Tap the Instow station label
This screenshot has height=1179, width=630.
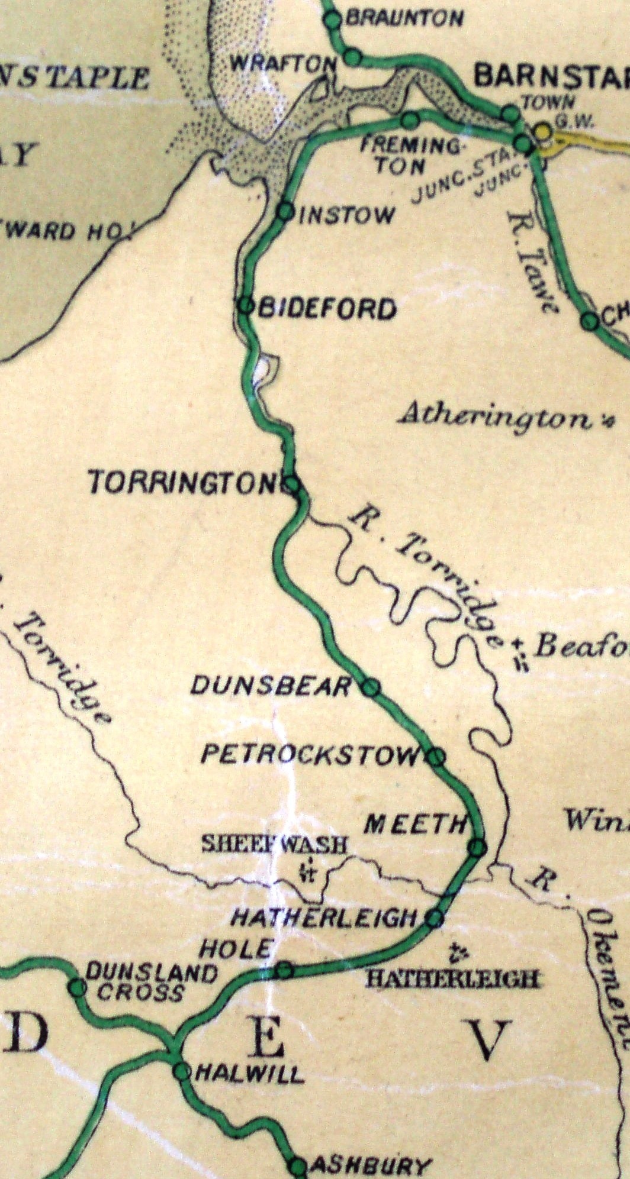click(346, 215)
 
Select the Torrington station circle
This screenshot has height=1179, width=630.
click(291, 484)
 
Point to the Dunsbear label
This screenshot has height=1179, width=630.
click(271, 686)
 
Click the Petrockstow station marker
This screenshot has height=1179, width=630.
click(436, 756)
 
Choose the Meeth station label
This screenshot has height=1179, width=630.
click(414, 824)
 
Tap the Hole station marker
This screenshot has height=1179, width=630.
click(284, 970)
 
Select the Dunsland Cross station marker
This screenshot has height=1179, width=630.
click(76, 987)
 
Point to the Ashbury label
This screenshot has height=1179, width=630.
click(369, 1166)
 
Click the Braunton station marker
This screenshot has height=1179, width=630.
click(333, 19)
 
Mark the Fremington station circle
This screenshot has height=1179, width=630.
click(409, 121)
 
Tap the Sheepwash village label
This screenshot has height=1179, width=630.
click(274, 844)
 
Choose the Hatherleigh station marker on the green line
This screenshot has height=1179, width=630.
click(434, 918)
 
